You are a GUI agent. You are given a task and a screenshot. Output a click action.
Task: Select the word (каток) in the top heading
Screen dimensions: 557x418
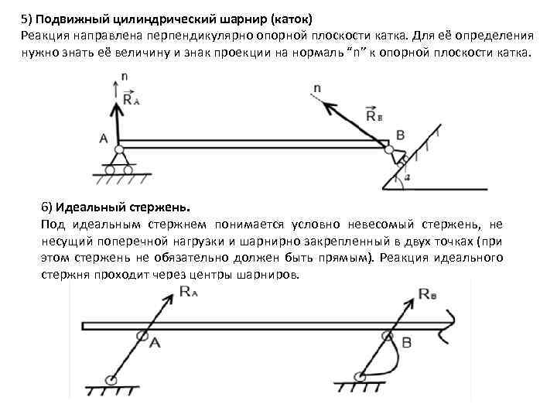click(286, 17)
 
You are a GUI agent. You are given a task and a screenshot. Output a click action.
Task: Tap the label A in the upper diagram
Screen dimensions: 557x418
click(104, 139)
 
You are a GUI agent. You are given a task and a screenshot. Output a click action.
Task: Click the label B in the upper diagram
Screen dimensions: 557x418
click(400, 135)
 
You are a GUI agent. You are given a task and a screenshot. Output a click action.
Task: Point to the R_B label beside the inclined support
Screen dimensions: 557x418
click(374, 116)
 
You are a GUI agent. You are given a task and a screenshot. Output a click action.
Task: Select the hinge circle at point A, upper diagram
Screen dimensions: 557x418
click(119, 149)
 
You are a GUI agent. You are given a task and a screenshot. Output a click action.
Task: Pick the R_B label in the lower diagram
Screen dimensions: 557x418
click(429, 293)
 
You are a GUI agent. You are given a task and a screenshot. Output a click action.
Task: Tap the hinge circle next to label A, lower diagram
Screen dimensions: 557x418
click(142, 336)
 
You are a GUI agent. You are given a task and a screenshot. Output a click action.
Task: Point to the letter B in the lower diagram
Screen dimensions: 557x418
click(406, 341)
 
